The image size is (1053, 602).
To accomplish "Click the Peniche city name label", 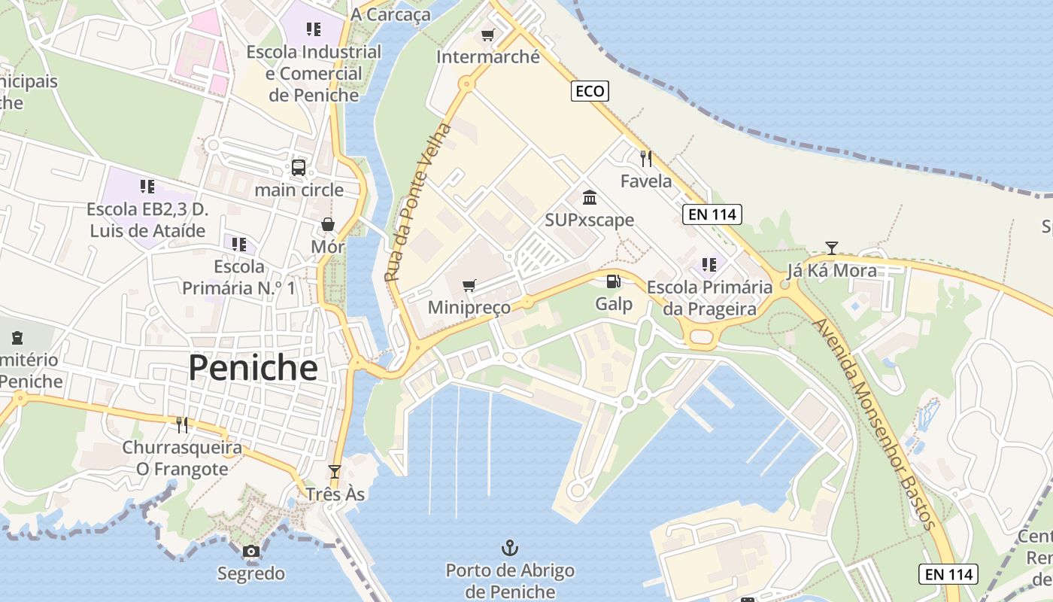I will (253, 368).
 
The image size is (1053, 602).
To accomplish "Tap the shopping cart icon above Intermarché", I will (487, 35).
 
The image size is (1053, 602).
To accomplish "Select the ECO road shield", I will (590, 91).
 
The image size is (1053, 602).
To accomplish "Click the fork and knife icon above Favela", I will (645, 158).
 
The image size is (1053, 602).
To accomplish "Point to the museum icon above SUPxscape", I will (590, 197).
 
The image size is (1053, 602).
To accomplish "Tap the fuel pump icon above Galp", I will (614, 281).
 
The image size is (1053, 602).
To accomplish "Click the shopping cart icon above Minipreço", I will (469, 285).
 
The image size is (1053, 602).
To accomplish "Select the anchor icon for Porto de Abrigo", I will (510, 547).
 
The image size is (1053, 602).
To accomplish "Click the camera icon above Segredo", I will (251, 551).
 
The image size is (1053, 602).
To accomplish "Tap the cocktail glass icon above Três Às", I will (335, 472).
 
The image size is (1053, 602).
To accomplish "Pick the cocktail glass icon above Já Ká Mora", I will (831, 248).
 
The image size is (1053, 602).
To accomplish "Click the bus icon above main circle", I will (299, 167).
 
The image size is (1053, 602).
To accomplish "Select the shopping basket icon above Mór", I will (328, 224).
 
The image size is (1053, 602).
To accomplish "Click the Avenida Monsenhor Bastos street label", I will (875, 424).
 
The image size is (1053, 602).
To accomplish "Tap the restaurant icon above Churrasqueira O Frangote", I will (182, 425).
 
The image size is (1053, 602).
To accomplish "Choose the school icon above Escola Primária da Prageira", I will (709, 264).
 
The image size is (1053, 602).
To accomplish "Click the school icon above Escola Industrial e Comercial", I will (314, 29).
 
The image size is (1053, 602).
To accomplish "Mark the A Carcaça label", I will (391, 14).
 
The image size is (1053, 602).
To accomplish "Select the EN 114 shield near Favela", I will (712, 214).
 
